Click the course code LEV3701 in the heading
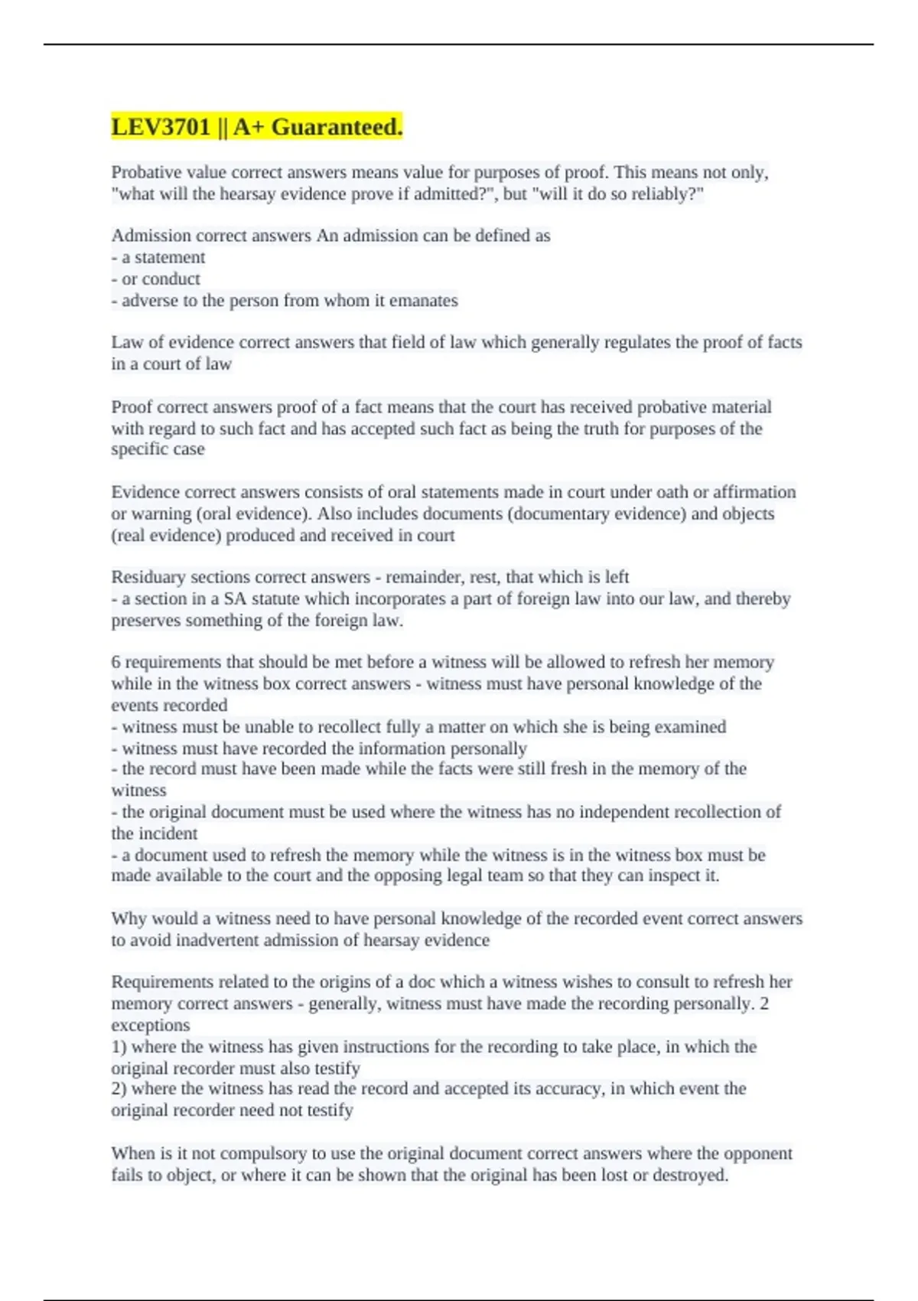[161, 127]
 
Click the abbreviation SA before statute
[235, 598]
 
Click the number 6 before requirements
[116, 662]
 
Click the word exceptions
[150, 1025]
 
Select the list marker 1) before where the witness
[119, 1047]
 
